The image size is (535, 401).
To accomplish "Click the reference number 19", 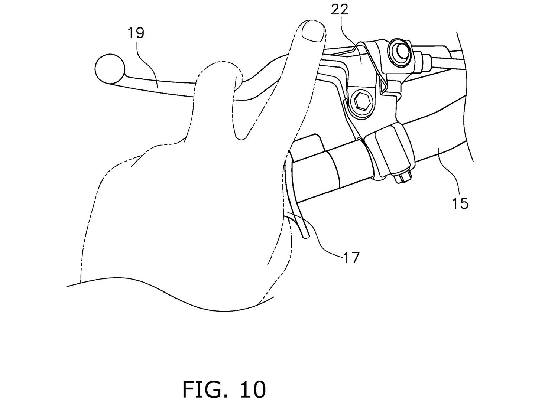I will tap(136, 33).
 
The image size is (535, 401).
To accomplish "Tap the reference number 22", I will tap(340, 10).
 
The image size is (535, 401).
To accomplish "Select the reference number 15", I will tap(460, 203).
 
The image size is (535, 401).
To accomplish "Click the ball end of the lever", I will tap(110, 69).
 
